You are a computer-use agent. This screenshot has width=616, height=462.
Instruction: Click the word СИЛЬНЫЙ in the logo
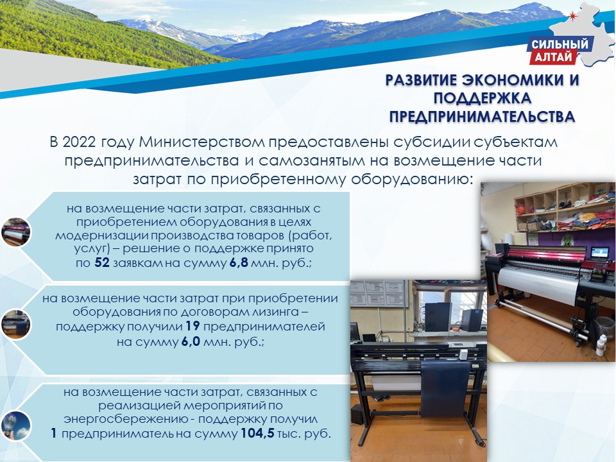tap(560, 44)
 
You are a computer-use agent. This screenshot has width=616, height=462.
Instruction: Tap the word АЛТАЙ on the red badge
tap(553, 57)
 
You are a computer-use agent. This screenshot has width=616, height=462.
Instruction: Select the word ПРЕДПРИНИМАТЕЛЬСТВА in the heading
tap(482, 117)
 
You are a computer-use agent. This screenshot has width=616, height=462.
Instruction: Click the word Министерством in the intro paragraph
tap(202, 142)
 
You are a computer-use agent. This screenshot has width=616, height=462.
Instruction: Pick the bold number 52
tap(102, 262)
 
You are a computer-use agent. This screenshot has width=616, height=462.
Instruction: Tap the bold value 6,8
tap(239, 263)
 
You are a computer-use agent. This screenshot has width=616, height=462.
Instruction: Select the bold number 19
tap(193, 326)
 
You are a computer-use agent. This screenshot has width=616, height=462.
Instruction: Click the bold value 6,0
tap(191, 342)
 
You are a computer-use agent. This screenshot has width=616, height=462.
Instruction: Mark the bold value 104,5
tap(257, 434)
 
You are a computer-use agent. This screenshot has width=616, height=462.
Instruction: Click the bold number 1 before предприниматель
tap(54, 434)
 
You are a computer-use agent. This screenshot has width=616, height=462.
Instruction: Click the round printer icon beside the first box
tap(15, 232)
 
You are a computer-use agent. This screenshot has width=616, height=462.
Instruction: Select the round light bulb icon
tap(15, 426)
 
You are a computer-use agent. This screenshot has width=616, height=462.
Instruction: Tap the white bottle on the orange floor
tap(601, 345)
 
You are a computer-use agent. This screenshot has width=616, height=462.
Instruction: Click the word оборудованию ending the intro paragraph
tap(411, 180)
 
